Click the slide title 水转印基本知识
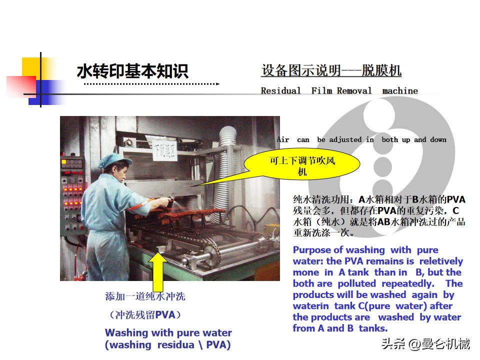point(132,71)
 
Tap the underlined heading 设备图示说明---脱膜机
point(331,70)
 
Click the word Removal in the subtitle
point(354,91)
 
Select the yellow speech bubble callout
point(302,166)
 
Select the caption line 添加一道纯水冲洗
point(145,296)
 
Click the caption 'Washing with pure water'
point(168,332)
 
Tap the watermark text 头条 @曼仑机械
point(425,344)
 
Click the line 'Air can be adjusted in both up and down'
point(361,139)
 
